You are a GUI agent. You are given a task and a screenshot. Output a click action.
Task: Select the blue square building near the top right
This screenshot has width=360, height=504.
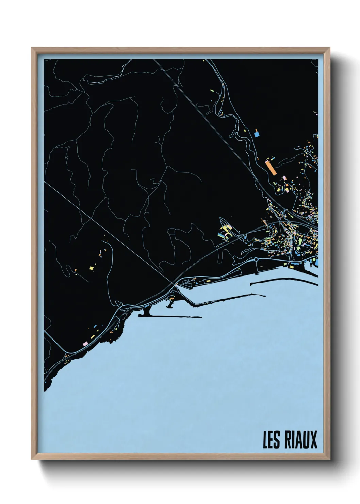pos(257,134)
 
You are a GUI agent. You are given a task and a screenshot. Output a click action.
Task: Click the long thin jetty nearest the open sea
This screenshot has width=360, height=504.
pos(170,317)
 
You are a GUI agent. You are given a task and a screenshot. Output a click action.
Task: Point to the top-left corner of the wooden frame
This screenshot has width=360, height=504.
pos(32,48)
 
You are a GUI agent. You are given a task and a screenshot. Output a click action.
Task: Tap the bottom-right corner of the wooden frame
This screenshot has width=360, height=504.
pos(330,459)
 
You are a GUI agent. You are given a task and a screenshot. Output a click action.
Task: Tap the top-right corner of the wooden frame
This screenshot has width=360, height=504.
pos(330,48)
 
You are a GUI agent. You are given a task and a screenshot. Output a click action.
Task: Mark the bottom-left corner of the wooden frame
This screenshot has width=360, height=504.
pos(32,459)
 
